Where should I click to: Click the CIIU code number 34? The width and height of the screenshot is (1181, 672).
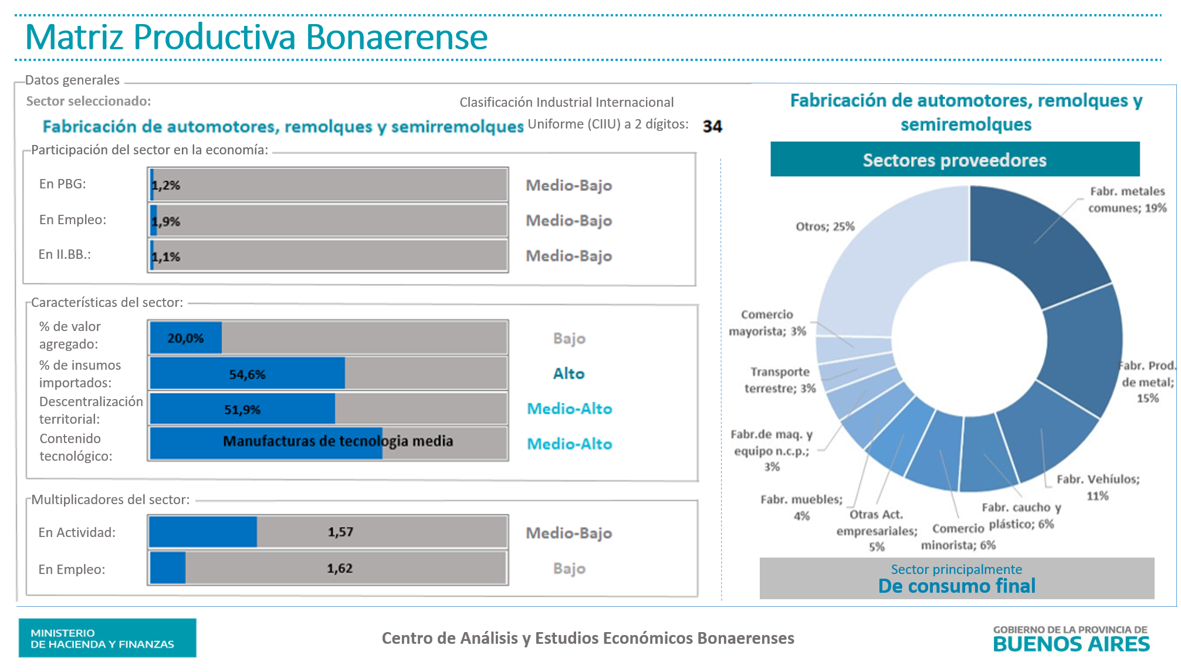point(712,126)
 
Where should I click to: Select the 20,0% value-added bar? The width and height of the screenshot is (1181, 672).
point(186,338)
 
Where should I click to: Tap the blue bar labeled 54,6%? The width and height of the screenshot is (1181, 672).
point(247,374)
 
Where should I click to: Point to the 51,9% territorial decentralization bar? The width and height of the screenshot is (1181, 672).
point(242,409)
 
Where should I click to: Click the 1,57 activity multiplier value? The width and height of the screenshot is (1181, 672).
point(340,532)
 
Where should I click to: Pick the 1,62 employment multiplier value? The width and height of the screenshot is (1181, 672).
point(340,568)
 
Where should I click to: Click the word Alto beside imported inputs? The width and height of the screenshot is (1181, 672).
point(568,374)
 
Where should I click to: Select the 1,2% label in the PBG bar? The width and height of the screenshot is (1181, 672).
point(166,185)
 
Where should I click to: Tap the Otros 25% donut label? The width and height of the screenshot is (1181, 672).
point(825,227)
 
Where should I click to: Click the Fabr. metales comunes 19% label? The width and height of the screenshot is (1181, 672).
point(1127,200)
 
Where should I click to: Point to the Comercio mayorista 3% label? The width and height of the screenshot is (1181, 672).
point(767,323)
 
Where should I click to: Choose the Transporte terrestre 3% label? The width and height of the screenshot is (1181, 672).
point(780,380)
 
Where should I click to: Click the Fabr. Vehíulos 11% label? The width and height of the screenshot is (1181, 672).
point(1098,487)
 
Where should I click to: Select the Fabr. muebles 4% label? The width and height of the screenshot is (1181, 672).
point(801,507)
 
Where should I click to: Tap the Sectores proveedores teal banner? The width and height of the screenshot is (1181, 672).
point(955,160)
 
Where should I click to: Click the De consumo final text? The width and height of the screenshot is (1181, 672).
point(956,586)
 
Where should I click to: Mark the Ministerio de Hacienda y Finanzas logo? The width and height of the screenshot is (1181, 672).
point(107,638)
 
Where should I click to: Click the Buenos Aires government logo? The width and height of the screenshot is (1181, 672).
point(1071,639)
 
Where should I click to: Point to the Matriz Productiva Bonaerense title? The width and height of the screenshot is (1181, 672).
point(256,37)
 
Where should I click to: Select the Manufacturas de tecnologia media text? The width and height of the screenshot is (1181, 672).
point(338,441)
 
